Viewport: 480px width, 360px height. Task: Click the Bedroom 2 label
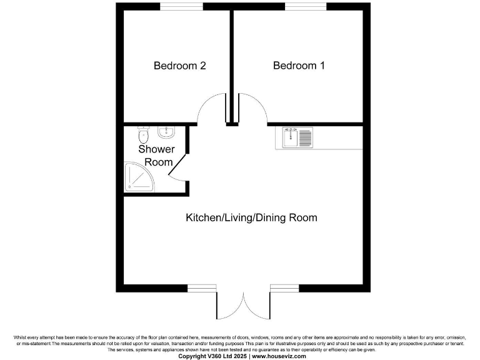tap(180, 65)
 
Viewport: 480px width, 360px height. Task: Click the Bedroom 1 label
tap(299, 65)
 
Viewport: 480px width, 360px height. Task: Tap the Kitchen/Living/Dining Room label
tap(251, 217)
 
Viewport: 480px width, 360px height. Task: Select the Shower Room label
tap(156, 156)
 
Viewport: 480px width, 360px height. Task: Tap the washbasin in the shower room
tap(166, 132)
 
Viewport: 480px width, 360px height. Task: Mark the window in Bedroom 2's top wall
tap(181, 6)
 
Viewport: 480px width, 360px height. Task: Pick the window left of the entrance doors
tap(201, 288)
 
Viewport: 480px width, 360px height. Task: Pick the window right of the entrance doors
tap(285, 288)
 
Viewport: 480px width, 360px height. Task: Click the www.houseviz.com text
tap(279, 356)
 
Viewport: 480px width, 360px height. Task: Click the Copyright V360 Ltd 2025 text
tap(213, 356)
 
